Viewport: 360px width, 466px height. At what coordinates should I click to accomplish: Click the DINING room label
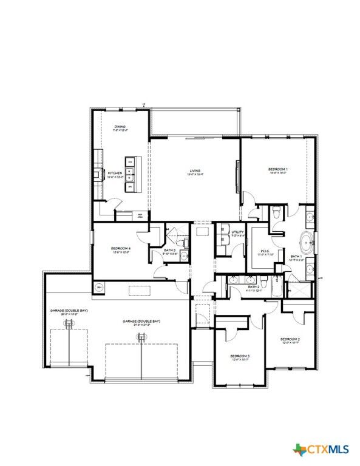(120, 127)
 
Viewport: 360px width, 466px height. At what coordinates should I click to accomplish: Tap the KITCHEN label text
(115, 174)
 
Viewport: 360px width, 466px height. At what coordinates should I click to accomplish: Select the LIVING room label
(194, 171)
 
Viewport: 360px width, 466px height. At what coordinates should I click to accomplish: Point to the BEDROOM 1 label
(278, 169)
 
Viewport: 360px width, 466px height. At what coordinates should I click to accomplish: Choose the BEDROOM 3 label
(240, 356)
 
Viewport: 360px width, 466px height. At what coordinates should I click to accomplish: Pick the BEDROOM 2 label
(290, 339)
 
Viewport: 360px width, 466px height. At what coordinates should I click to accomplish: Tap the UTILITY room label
(237, 232)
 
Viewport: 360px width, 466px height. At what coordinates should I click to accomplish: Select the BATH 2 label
(254, 286)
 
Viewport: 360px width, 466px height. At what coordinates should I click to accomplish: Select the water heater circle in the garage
(99, 286)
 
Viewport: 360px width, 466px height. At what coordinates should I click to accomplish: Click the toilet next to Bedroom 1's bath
(277, 212)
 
